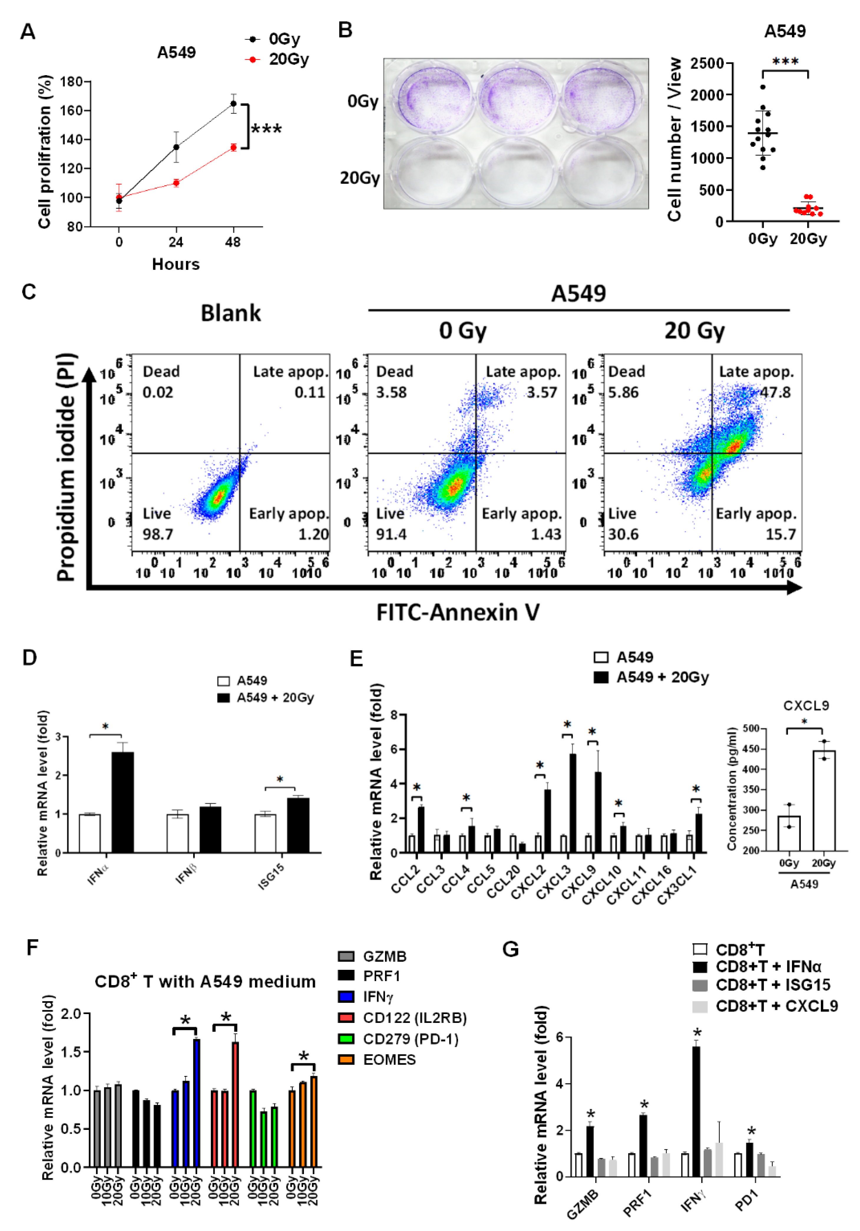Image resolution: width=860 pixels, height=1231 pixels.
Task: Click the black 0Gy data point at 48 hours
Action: click(x=233, y=103)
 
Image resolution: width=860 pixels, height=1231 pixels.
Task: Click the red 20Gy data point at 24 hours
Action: click(x=176, y=183)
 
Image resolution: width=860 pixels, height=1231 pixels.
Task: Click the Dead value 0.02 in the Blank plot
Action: click(x=158, y=392)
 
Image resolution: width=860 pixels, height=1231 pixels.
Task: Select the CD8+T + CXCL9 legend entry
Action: click(x=776, y=1006)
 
